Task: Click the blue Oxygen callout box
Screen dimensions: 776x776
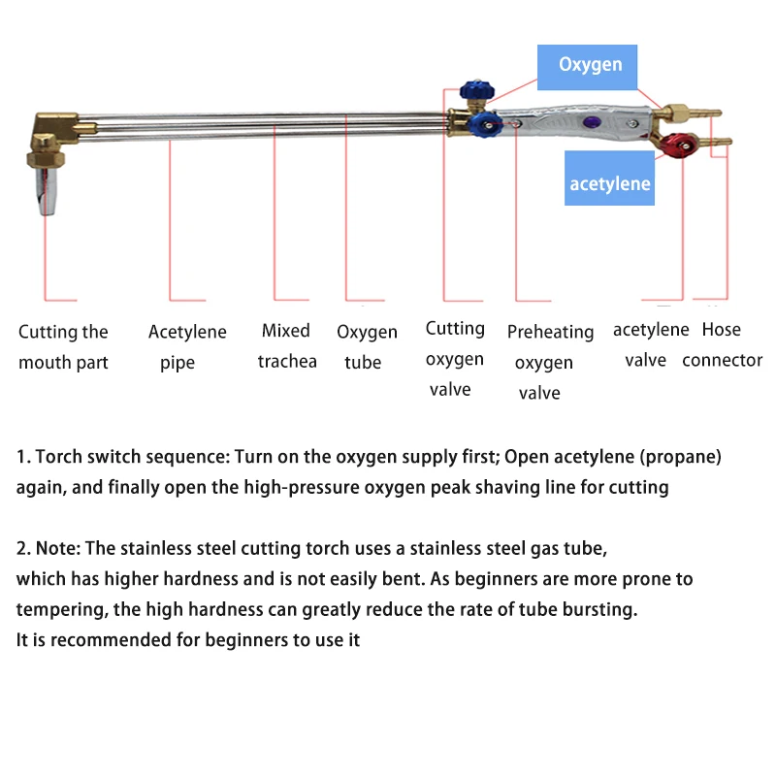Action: tap(589, 67)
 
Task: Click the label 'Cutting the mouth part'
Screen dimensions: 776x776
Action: tap(63, 347)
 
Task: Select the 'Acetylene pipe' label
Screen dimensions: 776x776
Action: tap(187, 347)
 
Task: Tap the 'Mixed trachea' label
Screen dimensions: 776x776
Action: tap(286, 346)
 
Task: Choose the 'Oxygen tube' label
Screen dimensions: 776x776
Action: tap(367, 347)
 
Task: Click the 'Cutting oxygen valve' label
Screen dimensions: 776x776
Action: tap(454, 359)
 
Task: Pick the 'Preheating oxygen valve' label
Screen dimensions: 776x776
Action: tap(549, 362)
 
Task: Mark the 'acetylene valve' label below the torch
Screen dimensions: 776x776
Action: tap(650, 344)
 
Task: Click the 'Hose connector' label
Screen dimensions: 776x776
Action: tap(722, 344)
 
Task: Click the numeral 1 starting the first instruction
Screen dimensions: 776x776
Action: tap(20, 456)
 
